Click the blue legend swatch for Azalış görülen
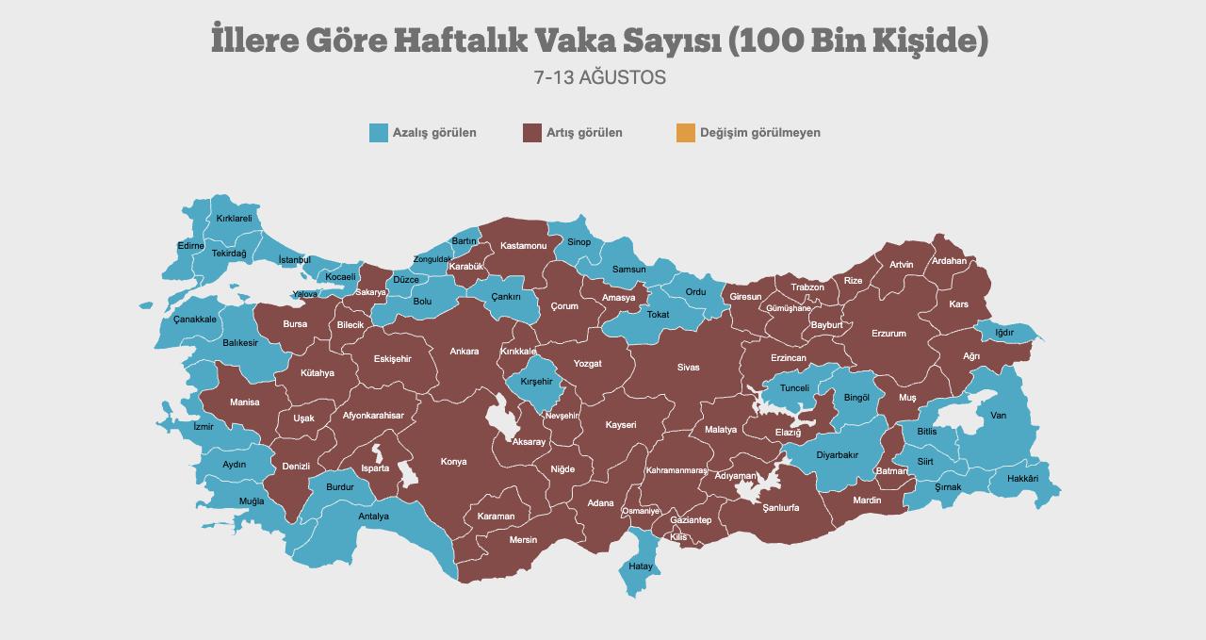tap(379, 133)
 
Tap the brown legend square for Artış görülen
tap(532, 133)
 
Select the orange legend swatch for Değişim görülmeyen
tap(685, 133)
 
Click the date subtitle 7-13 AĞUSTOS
tap(599, 78)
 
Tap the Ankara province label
tap(464, 352)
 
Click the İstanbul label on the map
tap(294, 260)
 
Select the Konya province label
tap(453, 462)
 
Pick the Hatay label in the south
tap(641, 566)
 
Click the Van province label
tap(998, 416)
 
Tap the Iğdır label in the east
tap(1004, 333)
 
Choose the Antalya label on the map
tap(373, 517)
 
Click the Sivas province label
tap(688, 368)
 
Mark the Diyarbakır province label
tap(837, 455)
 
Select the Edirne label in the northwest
tap(190, 246)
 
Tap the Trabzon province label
tap(807, 287)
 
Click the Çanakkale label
tap(195, 320)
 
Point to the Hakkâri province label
tap(1022, 479)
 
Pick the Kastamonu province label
tap(523, 246)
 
